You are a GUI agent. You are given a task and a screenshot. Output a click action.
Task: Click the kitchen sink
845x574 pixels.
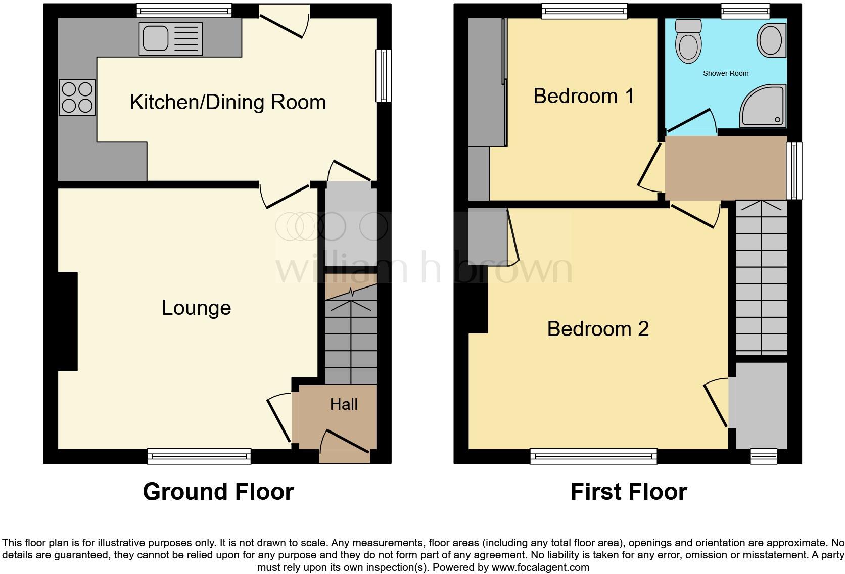tap(171, 39)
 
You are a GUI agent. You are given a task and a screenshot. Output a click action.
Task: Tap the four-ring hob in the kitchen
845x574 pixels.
tap(77, 97)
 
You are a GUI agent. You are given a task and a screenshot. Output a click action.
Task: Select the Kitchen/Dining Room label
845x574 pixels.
tap(228, 102)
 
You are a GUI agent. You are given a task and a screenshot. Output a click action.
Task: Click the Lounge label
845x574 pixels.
tap(196, 308)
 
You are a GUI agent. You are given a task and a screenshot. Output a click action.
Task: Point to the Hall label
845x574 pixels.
tap(344, 404)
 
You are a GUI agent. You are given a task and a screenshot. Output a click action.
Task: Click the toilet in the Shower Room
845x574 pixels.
tap(688, 41)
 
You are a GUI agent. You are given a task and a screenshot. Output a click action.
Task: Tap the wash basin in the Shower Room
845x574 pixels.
tap(771, 40)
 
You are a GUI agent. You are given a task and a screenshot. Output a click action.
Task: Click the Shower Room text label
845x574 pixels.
tap(726, 73)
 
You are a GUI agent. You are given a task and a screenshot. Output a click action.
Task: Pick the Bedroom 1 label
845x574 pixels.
tap(584, 96)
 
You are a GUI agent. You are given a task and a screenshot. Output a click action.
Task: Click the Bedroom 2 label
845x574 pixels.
tap(598, 329)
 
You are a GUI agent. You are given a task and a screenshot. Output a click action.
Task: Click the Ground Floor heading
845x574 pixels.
tap(218, 492)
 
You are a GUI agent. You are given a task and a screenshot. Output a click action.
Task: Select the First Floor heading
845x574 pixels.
tap(629, 492)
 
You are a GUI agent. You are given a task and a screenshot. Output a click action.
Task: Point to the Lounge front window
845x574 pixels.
tap(199, 456)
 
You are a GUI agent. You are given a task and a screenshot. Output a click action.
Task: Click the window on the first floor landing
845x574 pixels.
tap(794, 170)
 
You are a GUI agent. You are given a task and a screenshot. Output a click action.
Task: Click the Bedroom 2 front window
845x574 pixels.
tap(593, 456)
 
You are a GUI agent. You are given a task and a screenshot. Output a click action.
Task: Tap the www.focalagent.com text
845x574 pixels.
tap(540, 567)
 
